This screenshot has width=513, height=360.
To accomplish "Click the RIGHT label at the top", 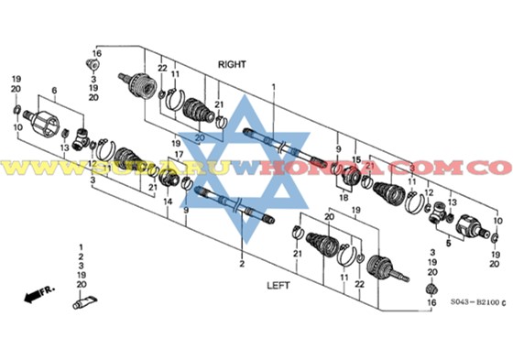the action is (234, 64).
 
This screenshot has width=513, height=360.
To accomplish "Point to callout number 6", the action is (54, 90).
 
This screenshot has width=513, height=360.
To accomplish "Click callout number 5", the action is (449, 245).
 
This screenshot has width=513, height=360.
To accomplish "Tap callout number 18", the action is (344, 197).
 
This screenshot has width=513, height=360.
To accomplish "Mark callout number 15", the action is (356, 159).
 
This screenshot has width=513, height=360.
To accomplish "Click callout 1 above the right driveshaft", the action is (273, 85).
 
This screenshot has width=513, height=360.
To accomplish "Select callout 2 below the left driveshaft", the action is (241, 265).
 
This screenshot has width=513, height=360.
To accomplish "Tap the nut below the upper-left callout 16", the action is (93, 65).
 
